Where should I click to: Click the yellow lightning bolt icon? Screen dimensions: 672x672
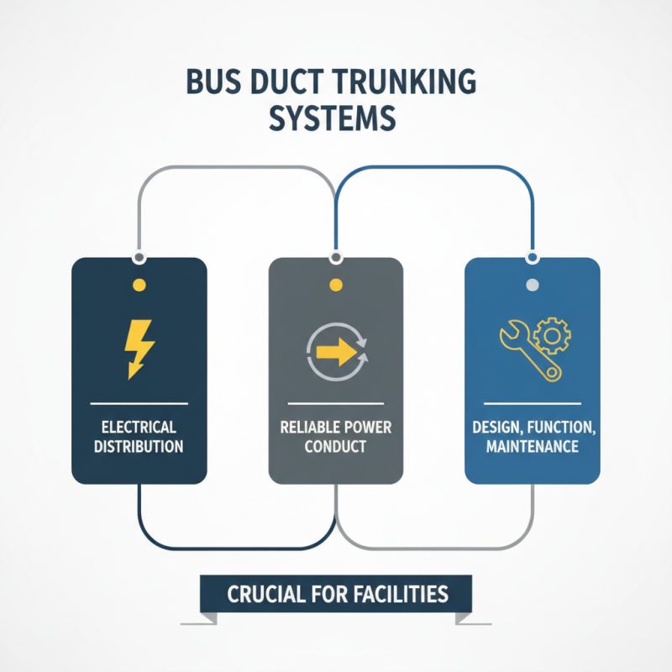(139, 346)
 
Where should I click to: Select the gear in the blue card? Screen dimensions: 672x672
(552, 337)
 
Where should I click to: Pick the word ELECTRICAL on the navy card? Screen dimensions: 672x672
(139, 427)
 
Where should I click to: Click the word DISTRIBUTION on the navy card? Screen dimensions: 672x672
(139, 446)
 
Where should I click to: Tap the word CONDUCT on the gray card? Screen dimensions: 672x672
(335, 446)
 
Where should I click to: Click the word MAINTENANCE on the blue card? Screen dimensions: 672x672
(532, 446)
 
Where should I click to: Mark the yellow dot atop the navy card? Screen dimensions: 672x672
(139, 285)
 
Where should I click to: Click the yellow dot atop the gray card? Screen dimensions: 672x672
(335, 285)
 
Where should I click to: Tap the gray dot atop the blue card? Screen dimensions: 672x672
(532, 285)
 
